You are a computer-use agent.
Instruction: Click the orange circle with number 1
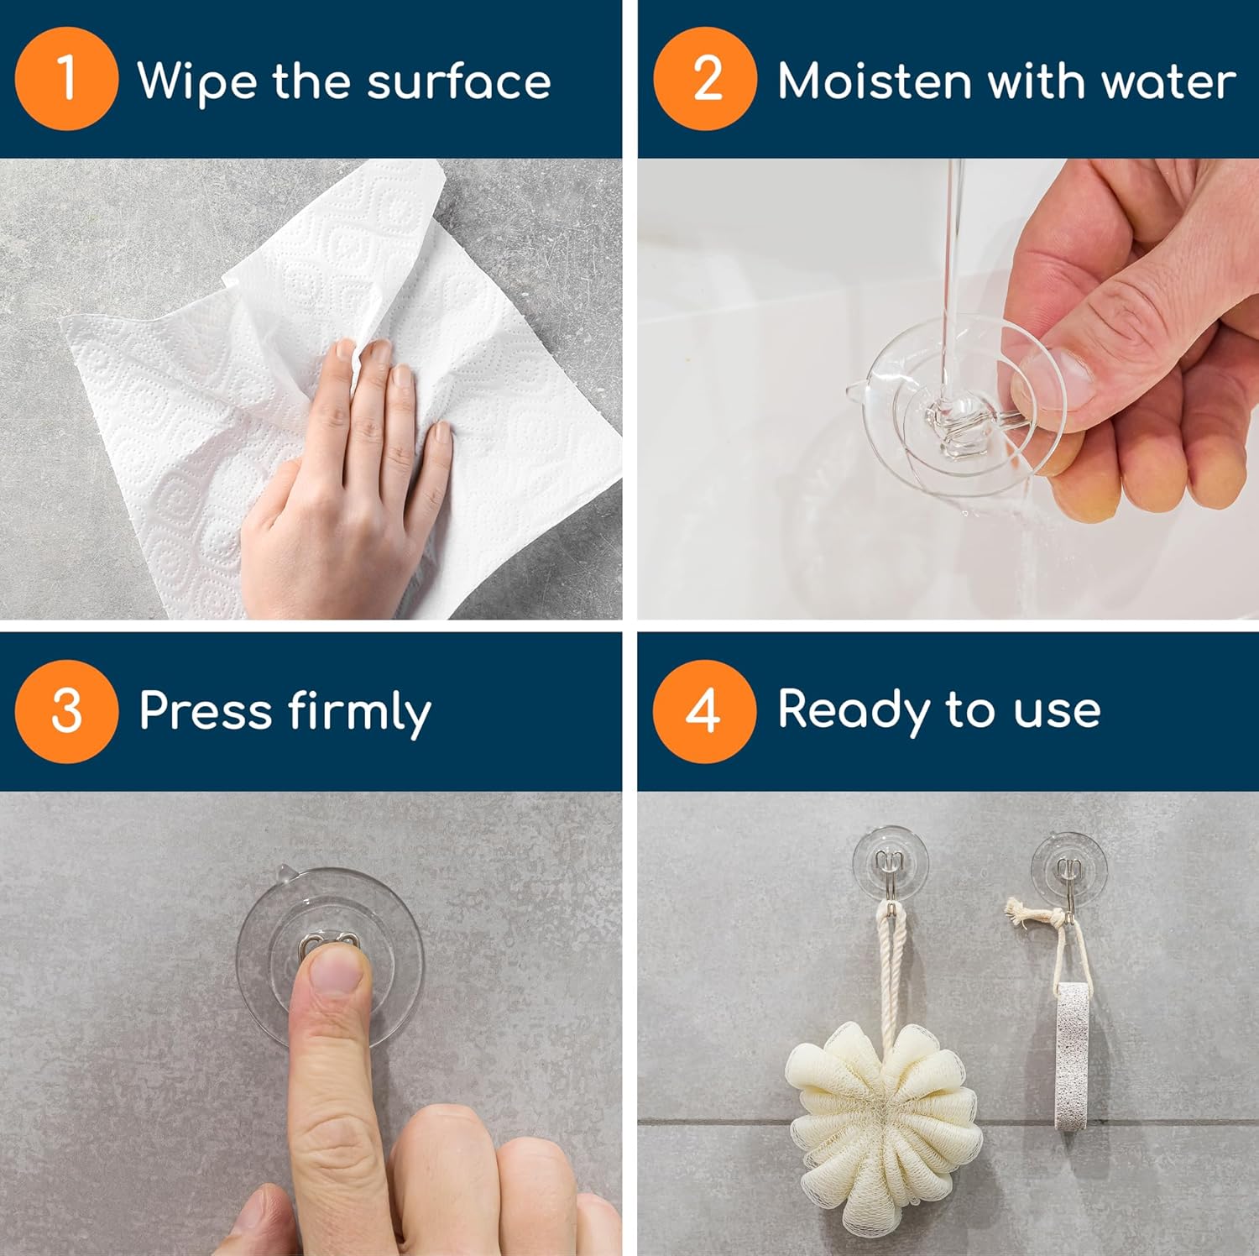point(66,79)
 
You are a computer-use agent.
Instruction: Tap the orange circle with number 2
point(705,79)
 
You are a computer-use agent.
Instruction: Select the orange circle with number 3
point(66,711)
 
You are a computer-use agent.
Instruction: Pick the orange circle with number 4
point(703,711)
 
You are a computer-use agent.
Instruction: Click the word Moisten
point(874,81)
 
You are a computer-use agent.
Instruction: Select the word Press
point(206,711)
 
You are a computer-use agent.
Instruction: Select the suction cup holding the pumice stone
point(1068,866)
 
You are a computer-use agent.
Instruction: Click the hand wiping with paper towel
point(353,479)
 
